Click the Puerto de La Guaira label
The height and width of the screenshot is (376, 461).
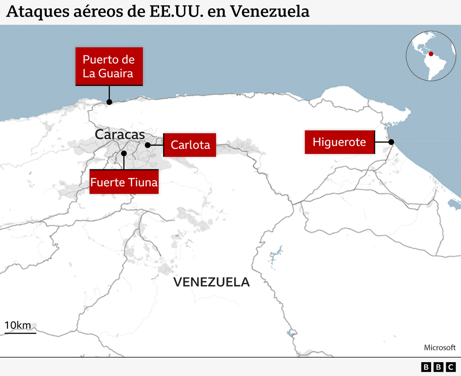point(109,66)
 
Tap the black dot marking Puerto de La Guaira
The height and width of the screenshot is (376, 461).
point(109,102)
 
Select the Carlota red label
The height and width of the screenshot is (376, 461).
point(190,145)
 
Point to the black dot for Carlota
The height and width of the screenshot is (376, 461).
point(148,145)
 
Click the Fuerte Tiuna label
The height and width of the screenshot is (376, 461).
point(124,182)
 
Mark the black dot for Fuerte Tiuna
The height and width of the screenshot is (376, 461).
point(124,153)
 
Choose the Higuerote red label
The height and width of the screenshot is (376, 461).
point(339,142)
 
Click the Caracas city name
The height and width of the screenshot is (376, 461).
point(120,135)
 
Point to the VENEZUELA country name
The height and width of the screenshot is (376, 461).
point(212,282)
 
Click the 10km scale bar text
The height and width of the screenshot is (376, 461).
point(18,325)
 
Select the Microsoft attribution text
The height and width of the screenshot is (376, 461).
point(440,347)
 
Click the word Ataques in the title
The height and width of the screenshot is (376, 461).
point(35,12)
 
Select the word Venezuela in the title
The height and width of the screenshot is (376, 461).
point(270,12)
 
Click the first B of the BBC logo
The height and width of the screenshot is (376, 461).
point(426,367)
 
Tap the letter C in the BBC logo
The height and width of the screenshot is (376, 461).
point(450,367)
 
